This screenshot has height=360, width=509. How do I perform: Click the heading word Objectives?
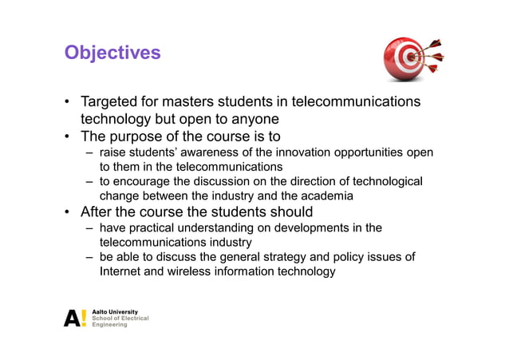112,53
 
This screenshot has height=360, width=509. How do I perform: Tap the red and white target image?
412,57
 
